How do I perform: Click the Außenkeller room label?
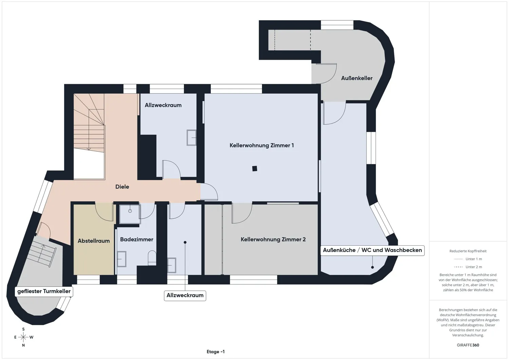point(357,78)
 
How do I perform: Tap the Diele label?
point(122,187)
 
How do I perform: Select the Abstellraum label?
point(94,241)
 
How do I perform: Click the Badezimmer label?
point(136,240)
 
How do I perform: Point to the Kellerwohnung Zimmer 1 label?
point(262,146)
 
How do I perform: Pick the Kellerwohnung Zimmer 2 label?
point(273,240)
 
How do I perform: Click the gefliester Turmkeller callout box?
point(44,291)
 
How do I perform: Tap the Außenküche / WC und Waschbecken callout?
point(373,250)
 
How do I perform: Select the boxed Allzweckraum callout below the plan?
point(185,296)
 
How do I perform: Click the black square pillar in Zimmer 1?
point(254,169)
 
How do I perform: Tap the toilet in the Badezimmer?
point(152,258)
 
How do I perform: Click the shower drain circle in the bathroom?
point(130,211)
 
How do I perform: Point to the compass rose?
point(23,337)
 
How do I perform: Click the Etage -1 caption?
point(215,352)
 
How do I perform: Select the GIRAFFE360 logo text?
point(468,345)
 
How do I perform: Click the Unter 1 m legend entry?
point(468,259)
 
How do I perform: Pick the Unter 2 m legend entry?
point(468,267)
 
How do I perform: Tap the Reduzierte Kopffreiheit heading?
point(468,251)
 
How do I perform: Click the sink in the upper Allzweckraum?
point(191,137)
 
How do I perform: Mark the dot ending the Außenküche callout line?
point(373,267)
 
